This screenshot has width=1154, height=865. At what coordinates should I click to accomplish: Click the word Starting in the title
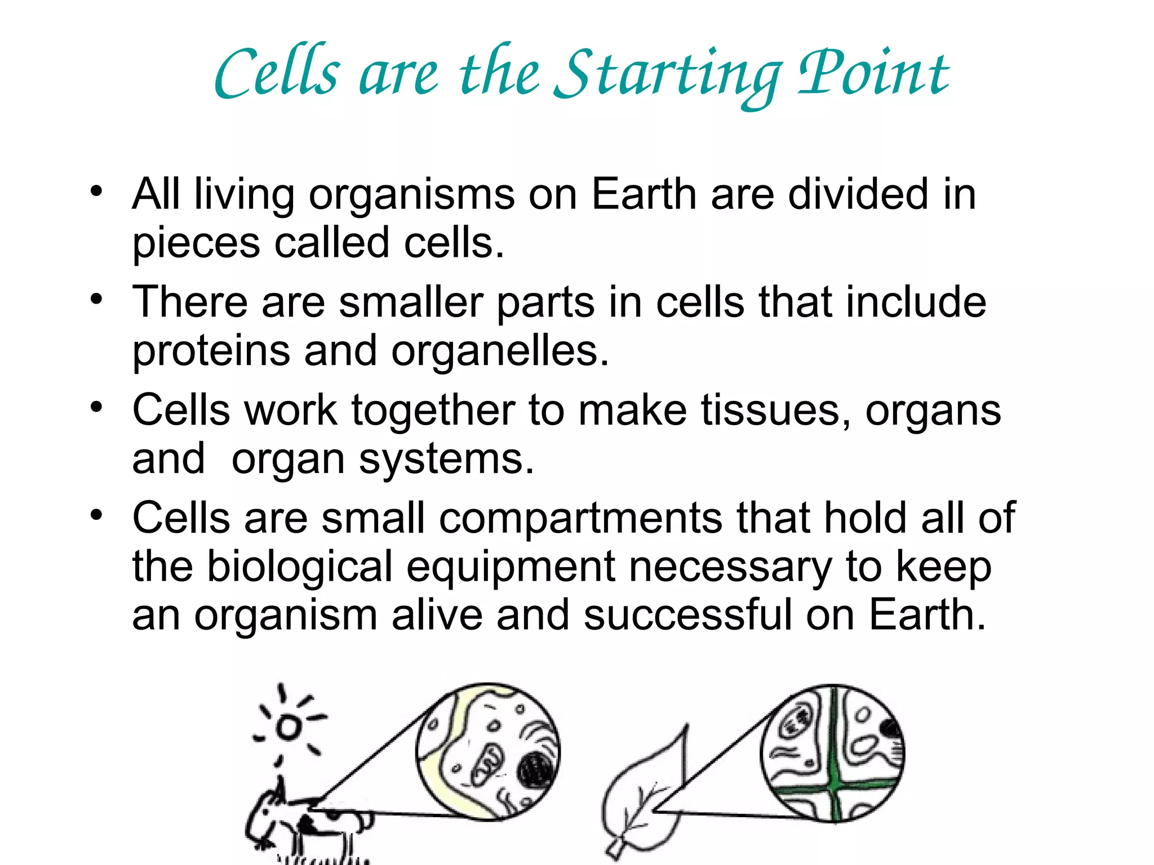pos(668,76)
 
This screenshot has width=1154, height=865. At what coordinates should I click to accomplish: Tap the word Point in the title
pos(873,73)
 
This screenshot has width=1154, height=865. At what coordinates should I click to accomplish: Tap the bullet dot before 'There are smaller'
pos(97,299)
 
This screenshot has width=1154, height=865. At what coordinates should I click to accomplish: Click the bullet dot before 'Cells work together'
pos(97,407)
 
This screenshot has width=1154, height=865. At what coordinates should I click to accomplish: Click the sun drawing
pos(289,727)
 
